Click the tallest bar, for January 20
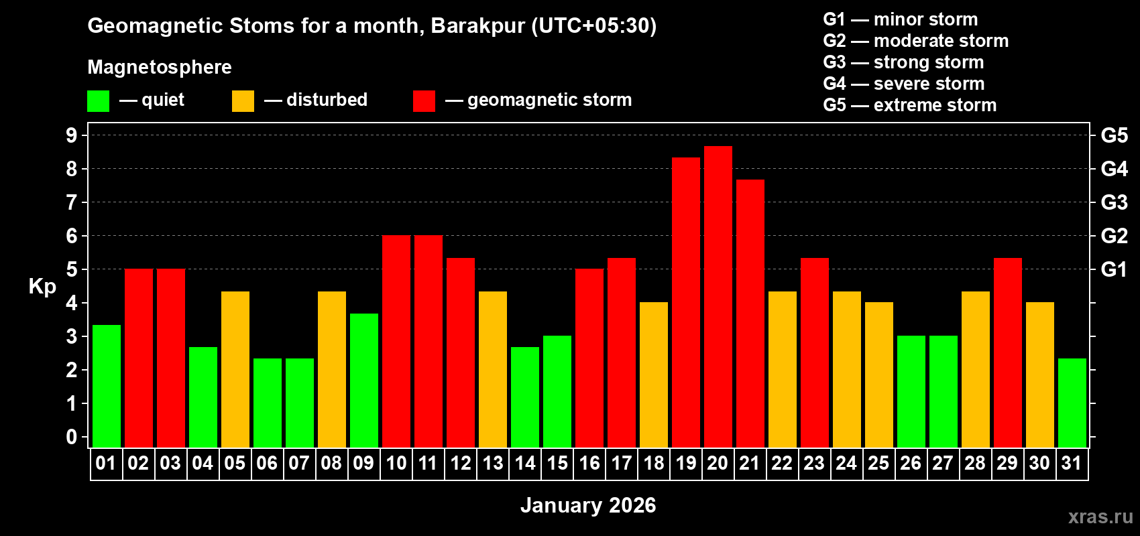[x=718, y=295]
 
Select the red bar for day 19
[x=685, y=301]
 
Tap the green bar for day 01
[x=106, y=385]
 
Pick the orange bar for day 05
[x=235, y=368]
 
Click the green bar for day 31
[x=1072, y=402]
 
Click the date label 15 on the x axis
[x=557, y=464]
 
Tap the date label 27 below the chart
[x=943, y=464]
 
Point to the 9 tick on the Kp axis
[x=72, y=135]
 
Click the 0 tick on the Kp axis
[x=72, y=437]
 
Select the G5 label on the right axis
[x=1114, y=135]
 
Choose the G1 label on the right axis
[x=1114, y=269]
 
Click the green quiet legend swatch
[x=98, y=101]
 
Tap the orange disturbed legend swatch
[x=243, y=101]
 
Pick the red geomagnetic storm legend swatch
[x=424, y=101]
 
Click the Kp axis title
[x=42, y=287]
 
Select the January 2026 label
[x=588, y=505]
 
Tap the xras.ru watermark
[x=1100, y=517]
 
